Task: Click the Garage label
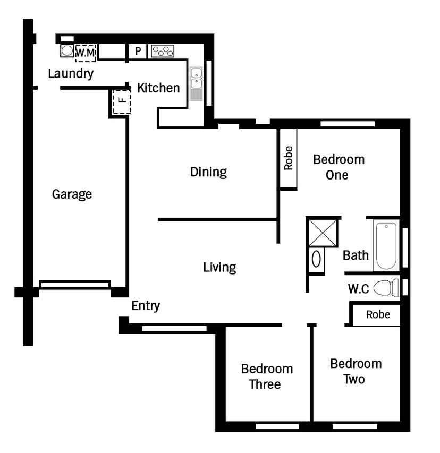coord(72,194)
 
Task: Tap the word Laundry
coord(71,74)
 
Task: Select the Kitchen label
coord(158,88)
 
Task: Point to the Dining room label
coord(208,172)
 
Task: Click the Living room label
coord(219,268)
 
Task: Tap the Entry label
coord(146,306)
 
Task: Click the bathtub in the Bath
coord(386,245)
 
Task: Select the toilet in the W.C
coord(386,288)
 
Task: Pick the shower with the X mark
coord(323,233)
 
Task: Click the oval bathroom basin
coord(316,259)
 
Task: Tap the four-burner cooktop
coord(163,52)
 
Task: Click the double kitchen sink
coord(196,84)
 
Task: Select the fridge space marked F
coord(121,101)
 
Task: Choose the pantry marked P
coord(138,52)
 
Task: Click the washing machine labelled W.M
coord(86,53)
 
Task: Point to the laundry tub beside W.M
coord(67,51)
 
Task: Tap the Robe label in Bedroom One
coord(289,158)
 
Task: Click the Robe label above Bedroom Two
coord(378,314)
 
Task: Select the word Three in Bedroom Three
coord(265,384)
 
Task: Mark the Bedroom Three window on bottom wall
coord(277,426)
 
